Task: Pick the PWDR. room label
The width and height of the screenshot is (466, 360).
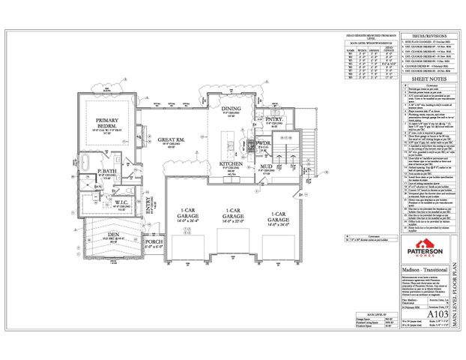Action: click(x=264, y=141)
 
